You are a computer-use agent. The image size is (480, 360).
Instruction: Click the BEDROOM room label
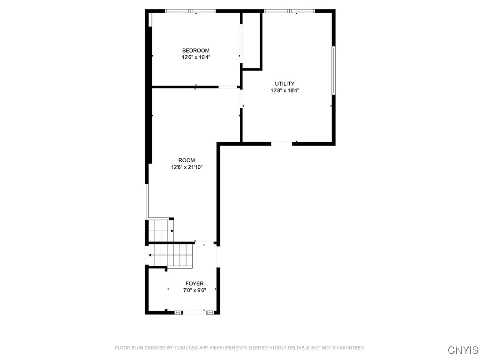coord(195,51)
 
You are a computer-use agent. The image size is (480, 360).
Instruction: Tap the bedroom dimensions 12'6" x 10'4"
coord(195,58)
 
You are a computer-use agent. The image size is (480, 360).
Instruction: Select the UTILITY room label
coord(285,84)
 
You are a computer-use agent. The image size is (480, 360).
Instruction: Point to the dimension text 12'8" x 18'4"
coord(285,91)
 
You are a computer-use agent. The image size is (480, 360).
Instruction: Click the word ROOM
coord(186,160)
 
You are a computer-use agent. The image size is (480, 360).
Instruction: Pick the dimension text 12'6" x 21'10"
coord(186,167)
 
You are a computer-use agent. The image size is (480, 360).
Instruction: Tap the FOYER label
coord(195,284)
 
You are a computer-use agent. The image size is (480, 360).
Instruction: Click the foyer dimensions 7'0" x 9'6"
coord(195,291)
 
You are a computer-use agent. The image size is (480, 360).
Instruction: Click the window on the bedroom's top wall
coord(190,11)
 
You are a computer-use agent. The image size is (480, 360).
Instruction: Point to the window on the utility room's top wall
coord(289,11)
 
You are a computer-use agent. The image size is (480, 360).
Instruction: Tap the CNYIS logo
coord(463,350)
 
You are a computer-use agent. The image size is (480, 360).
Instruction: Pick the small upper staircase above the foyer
coord(160,230)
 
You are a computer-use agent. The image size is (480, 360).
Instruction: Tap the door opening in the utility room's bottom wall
coord(282,143)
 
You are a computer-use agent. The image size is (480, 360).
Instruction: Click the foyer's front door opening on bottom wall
coord(194,312)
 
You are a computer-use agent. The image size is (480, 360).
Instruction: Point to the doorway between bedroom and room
coord(229,87)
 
